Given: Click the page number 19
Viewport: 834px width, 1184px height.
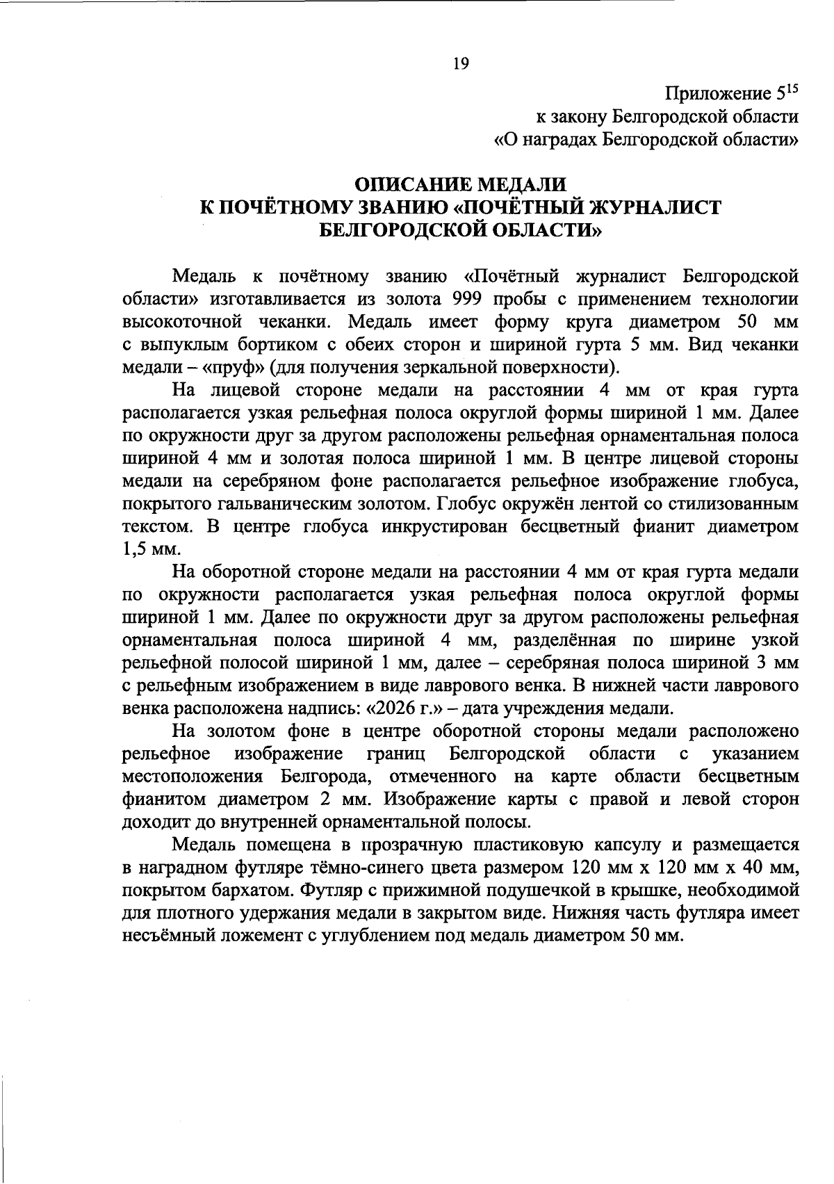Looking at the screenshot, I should [x=461, y=64].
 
